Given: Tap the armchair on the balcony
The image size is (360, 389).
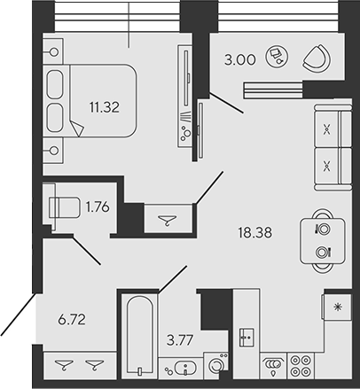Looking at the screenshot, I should (x=315, y=58).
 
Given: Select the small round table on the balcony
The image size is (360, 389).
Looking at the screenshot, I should (x=278, y=56).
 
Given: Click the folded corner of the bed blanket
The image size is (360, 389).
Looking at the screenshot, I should (x=78, y=130).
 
